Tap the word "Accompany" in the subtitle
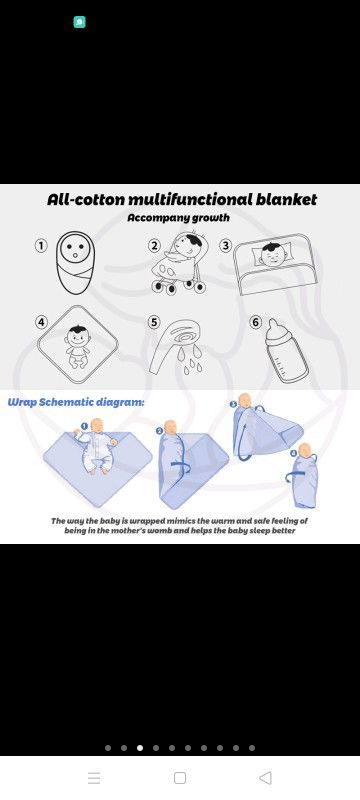(151, 218)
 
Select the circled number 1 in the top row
(41, 245)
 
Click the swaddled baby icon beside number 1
(75, 262)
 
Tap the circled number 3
(225, 245)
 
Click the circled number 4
(41, 322)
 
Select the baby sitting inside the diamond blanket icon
(78, 347)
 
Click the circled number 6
(256, 322)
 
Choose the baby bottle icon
(286, 351)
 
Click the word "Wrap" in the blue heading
(21, 403)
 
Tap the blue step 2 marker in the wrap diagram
(159, 431)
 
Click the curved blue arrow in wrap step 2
(181, 466)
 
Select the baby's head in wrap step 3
(245, 401)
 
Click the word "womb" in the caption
(163, 531)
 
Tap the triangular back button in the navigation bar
(265, 778)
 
